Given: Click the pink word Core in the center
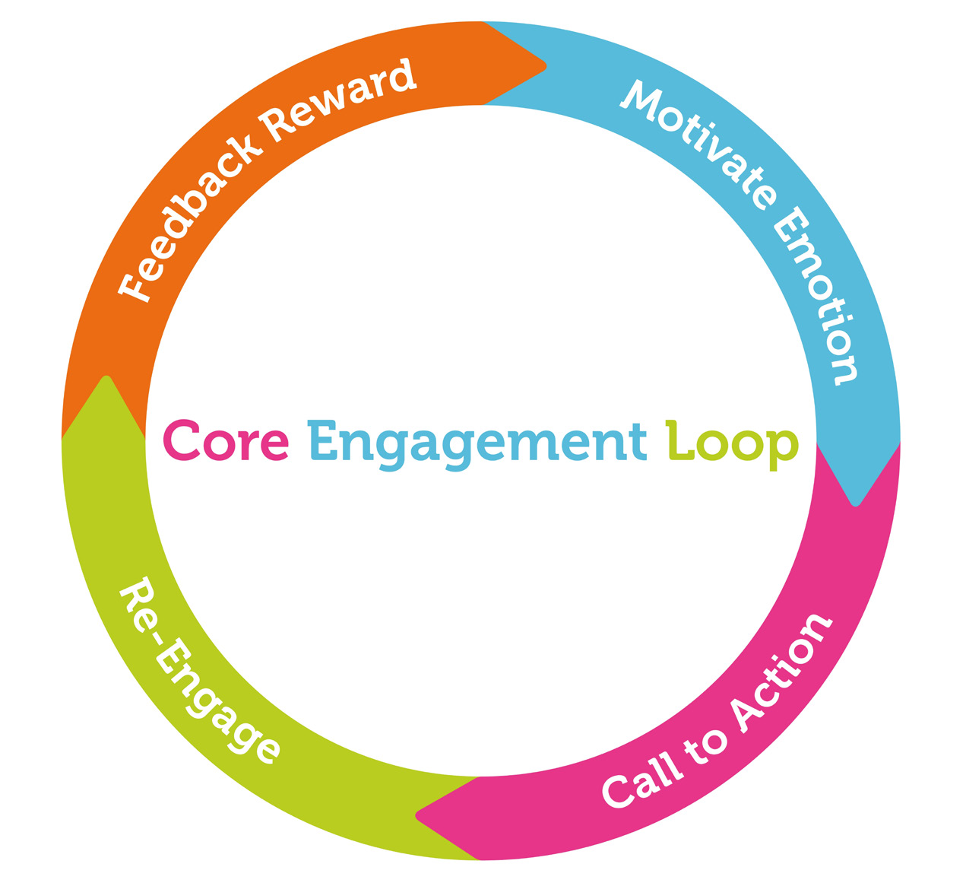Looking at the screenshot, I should click(226, 440).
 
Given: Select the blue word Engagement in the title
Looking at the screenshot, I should click(477, 443).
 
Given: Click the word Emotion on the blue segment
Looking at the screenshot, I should click(818, 296).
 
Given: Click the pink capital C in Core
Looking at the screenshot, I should click(181, 440).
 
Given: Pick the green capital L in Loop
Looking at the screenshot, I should click(678, 440).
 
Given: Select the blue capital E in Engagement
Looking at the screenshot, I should click(322, 440).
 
